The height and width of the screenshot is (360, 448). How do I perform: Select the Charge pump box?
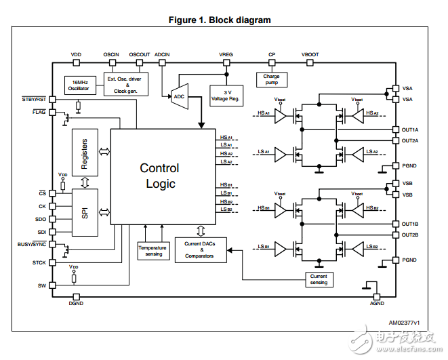coord(271,80)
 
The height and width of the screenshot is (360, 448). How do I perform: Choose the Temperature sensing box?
coord(153,251)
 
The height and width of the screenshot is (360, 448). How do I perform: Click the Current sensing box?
coord(318,279)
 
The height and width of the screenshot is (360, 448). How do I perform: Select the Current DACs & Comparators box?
coord(199,251)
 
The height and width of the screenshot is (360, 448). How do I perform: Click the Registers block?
coord(85,153)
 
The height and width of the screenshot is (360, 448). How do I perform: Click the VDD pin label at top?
coord(76,54)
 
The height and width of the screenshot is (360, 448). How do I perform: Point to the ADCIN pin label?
coord(163,54)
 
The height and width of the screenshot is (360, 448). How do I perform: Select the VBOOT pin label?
coord(310,54)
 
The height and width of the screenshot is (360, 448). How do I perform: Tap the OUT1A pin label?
coord(410,129)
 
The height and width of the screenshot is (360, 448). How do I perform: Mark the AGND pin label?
coord(376,304)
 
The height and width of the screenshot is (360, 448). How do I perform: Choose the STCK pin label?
coord(39,262)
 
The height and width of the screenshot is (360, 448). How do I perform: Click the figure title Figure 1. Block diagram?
coord(220,20)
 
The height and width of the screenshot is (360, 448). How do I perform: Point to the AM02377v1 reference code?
coord(404,322)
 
